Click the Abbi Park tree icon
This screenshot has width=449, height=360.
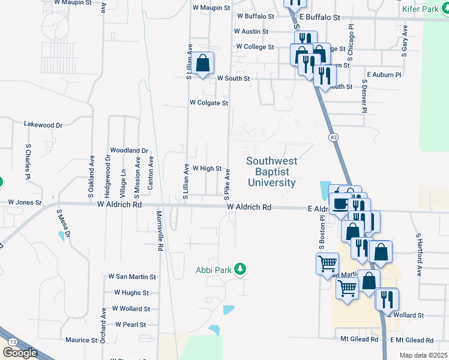tap(240, 269)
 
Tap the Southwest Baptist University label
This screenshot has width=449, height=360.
tap(271, 172)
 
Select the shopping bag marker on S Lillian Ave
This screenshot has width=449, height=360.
tap(203, 63)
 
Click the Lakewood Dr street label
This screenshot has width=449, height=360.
tap(43, 125)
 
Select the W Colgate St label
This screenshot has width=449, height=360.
tap(209, 103)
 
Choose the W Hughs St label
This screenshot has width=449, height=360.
tap(131, 293)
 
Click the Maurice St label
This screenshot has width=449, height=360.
tap(82, 340)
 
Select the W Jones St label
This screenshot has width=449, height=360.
tap(25, 203)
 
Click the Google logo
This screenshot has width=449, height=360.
tap(20, 352)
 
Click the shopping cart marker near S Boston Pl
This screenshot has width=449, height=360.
tap(327, 263)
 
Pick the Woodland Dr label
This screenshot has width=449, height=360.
tap(128, 150)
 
